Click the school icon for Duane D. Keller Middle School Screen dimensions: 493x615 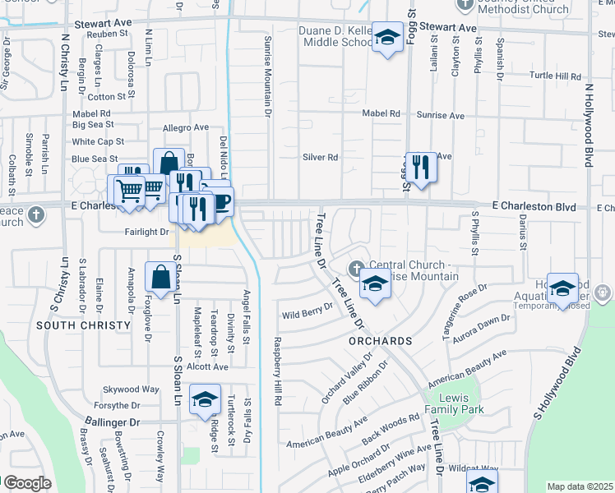(x=386, y=38)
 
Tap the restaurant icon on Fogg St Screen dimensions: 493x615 (x=420, y=168)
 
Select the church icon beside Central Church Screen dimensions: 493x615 (x=356, y=267)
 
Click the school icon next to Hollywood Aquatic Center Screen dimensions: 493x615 (x=562, y=289)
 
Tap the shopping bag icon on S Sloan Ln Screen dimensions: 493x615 (x=161, y=278)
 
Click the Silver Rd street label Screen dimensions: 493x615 (x=321, y=157)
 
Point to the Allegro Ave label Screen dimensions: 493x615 (x=186, y=127)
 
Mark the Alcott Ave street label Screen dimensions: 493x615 (x=206, y=366)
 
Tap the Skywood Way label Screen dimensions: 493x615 (x=131, y=389)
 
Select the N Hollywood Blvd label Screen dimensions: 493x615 (x=589, y=123)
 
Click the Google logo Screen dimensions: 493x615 (x=27, y=483)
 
